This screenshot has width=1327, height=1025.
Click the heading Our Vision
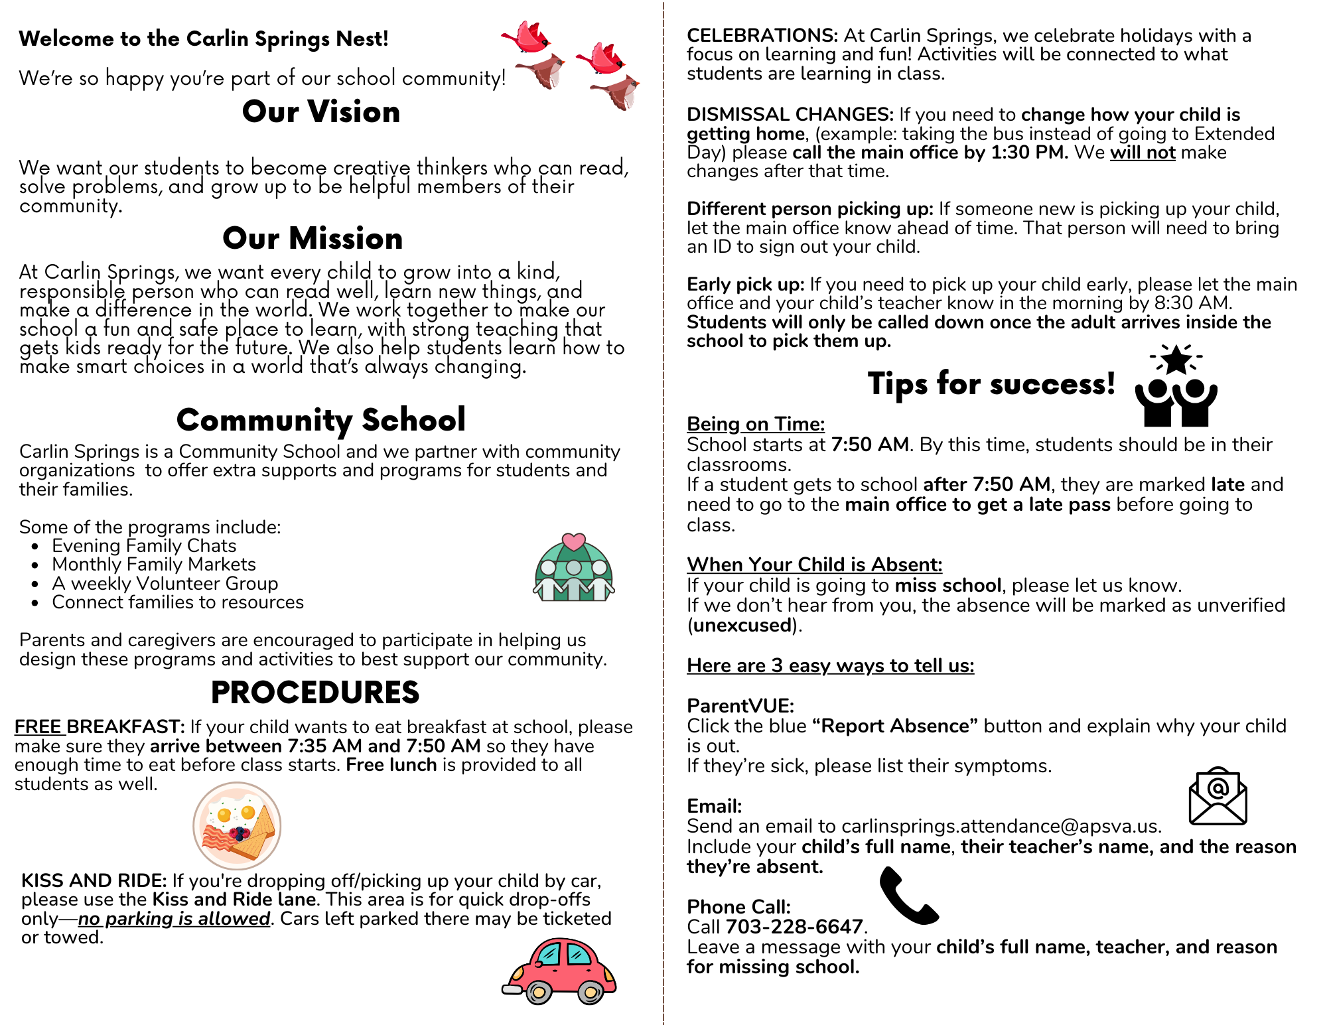[x=321, y=111]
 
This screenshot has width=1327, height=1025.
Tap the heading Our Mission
[x=313, y=238]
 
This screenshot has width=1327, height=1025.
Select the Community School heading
[x=321, y=420]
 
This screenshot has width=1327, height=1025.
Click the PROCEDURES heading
[x=315, y=693]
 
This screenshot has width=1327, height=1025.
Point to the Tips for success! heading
[x=991, y=383]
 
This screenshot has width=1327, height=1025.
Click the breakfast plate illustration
[x=237, y=826]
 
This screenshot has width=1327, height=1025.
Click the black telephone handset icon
[x=907, y=896]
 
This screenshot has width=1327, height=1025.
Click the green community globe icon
[x=574, y=569]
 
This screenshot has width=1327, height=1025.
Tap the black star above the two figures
[x=1176, y=360]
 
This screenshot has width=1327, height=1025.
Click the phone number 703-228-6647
[x=794, y=927]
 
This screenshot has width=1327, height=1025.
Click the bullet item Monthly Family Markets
[x=154, y=565]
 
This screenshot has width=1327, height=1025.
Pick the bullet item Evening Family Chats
[x=144, y=546]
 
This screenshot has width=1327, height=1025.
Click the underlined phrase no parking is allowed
[x=174, y=919]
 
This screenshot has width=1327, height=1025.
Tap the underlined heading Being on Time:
[x=756, y=424]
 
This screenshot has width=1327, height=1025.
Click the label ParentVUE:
[x=740, y=706]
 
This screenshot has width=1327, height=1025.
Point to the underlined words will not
[x=1143, y=153]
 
